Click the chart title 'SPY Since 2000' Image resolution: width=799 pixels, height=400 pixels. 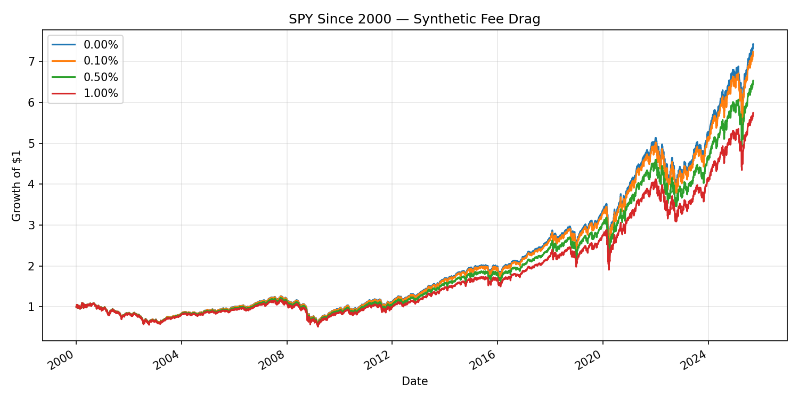[414, 19]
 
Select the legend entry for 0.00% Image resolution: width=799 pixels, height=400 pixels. [101, 45]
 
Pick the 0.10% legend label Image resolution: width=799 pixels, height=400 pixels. [101, 61]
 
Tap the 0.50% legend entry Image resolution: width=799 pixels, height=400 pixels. [101, 77]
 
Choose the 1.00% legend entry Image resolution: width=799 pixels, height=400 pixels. [101, 93]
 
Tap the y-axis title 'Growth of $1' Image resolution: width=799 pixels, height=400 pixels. [17, 185]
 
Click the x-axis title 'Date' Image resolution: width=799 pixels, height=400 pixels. [414, 381]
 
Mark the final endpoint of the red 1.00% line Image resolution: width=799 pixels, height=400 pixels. [753, 113]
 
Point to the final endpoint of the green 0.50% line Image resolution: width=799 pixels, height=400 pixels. [753, 81]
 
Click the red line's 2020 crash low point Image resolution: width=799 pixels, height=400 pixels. [609, 269]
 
